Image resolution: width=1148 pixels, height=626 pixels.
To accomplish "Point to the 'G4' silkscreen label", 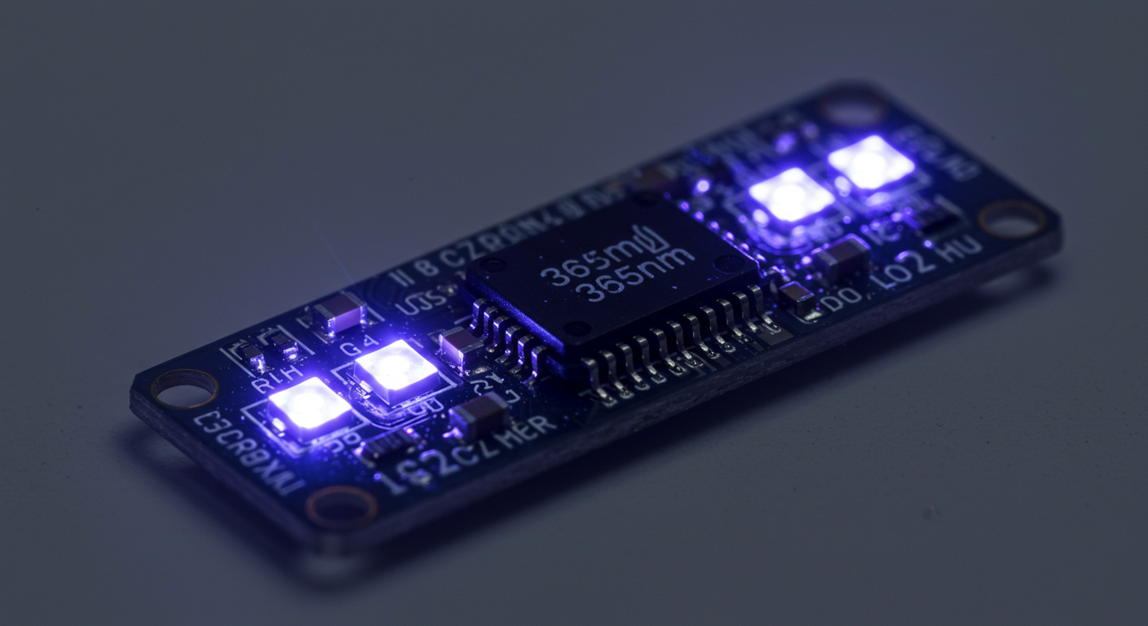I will point(356,349).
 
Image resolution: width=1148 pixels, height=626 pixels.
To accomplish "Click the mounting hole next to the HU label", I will point(1012,218).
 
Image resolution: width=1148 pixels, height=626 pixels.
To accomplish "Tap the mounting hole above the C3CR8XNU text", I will point(184,389).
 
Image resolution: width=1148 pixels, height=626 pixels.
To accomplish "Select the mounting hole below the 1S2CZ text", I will point(342,507).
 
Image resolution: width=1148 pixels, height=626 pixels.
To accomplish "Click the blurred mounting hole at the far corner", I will point(853,106).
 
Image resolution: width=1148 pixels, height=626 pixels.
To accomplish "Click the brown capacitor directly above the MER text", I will point(479,416).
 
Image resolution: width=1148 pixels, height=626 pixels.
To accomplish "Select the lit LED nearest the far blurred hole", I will point(871,162).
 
